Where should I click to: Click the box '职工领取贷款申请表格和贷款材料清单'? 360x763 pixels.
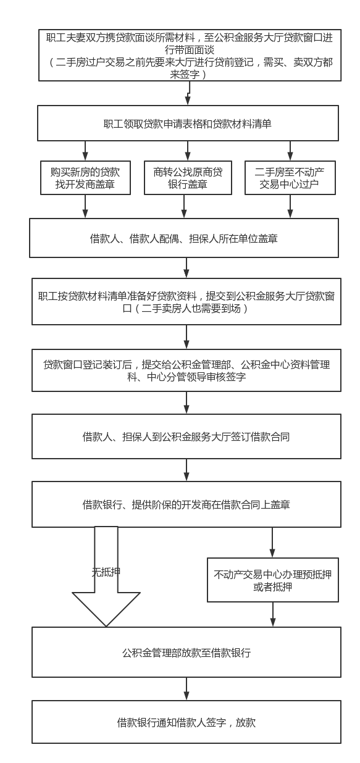188,123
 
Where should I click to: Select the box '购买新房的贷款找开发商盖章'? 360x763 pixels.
85,178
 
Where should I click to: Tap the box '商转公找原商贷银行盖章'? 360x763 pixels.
188,178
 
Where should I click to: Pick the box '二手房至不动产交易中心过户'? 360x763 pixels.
290,178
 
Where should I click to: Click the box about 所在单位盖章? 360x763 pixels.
184,238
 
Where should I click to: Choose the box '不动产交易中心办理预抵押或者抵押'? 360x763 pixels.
272,580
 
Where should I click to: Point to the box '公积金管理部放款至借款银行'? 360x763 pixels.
186,652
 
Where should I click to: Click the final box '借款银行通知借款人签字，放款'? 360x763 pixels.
186,722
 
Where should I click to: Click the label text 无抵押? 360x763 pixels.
106,572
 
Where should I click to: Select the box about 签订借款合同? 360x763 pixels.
186,436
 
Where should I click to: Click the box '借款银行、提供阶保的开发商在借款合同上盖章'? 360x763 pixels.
186,504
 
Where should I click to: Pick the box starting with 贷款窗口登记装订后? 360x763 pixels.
186,370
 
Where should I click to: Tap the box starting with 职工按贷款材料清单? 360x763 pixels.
186,301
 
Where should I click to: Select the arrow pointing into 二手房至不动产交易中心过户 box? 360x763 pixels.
290,151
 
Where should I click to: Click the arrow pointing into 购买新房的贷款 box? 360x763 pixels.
85,151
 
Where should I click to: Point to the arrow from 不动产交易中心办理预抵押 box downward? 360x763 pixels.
272,614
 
